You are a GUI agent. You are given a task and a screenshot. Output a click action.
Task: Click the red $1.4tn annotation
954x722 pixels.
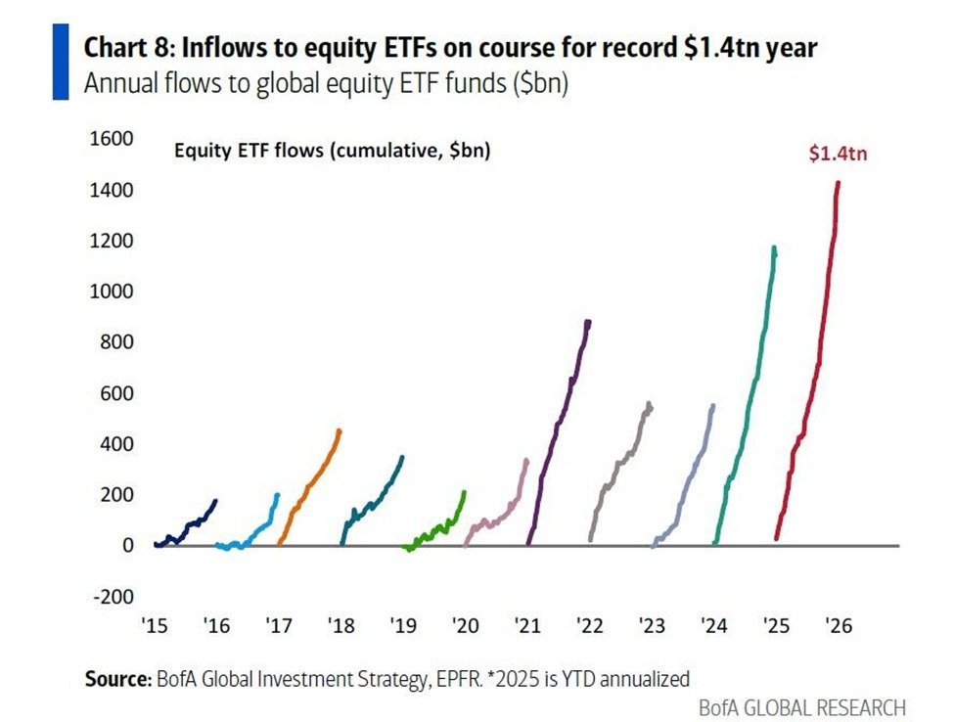click(x=839, y=154)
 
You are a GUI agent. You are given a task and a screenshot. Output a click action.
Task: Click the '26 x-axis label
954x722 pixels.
click(x=838, y=626)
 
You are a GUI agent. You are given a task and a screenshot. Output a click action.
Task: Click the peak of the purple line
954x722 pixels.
click(x=587, y=322)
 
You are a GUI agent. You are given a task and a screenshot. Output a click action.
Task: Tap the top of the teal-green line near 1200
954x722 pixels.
click(x=774, y=248)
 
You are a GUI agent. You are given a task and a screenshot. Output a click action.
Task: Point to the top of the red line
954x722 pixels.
click(x=838, y=183)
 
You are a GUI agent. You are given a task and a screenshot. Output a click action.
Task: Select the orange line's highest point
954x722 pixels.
click(x=340, y=430)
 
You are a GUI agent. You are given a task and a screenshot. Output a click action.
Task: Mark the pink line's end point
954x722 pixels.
click(x=526, y=460)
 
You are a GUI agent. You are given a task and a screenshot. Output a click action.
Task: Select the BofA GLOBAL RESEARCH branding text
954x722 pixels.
click(x=801, y=706)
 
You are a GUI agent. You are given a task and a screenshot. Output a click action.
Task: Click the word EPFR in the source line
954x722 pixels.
click(x=459, y=678)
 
